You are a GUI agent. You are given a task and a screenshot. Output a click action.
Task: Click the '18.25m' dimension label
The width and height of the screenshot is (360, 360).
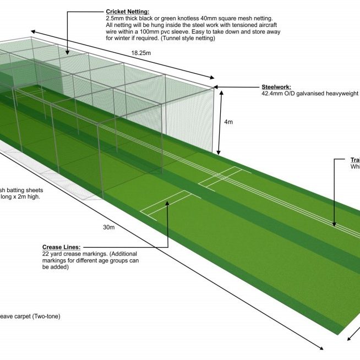(140, 53)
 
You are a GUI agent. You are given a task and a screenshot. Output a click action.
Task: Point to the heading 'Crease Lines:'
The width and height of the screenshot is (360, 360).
(61, 247)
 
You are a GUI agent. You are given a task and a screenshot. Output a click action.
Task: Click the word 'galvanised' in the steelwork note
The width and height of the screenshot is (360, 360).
(312, 94)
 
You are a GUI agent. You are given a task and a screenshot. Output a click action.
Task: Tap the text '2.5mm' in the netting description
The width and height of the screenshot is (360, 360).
(114, 18)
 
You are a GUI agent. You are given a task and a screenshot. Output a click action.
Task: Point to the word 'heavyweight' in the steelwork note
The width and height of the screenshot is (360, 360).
(345, 94)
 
